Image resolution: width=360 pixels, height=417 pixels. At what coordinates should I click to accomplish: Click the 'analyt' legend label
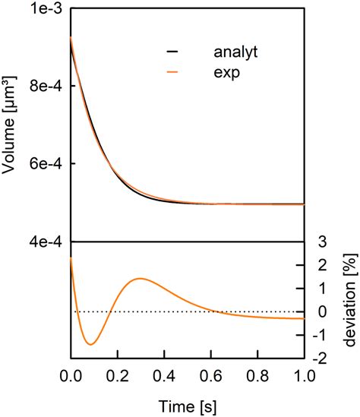(236, 52)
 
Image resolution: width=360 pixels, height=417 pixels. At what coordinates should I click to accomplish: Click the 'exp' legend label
(226, 74)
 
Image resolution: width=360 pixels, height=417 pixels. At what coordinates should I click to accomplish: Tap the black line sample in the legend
(172, 52)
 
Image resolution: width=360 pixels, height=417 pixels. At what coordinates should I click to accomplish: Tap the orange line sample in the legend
(172, 74)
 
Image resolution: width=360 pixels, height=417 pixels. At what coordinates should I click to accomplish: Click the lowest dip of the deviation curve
(90, 344)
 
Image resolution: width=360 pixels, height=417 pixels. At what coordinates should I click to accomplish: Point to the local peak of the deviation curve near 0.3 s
(140, 279)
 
